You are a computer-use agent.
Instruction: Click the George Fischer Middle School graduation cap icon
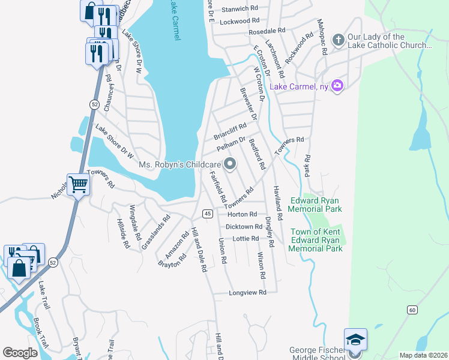click(x=355, y=340)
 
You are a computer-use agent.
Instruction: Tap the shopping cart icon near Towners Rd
click(x=78, y=185)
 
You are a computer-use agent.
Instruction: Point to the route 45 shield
click(x=207, y=214)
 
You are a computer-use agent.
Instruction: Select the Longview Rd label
click(x=247, y=293)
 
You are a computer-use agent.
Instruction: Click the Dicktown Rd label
click(x=244, y=227)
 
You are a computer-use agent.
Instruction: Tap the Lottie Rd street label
click(x=246, y=239)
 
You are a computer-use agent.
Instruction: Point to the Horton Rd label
click(x=242, y=214)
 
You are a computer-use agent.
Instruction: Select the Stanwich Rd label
click(x=240, y=10)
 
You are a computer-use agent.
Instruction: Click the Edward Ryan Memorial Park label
click(x=316, y=205)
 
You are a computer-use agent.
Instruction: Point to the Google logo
click(x=20, y=353)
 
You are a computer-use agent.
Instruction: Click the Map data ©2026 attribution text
click(x=424, y=355)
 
